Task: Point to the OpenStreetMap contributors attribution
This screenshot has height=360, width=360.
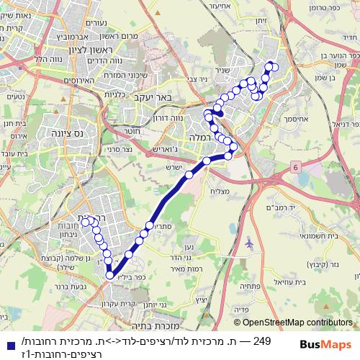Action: click(x=295, y=323)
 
